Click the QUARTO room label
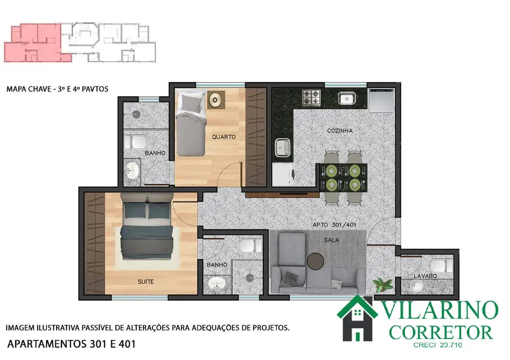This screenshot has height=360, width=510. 224,136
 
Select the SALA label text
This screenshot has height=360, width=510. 332,240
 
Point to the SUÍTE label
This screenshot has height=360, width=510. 146,282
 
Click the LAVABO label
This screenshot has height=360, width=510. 425,276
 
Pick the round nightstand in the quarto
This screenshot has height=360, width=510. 215,100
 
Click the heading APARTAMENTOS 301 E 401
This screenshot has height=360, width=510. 71,344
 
